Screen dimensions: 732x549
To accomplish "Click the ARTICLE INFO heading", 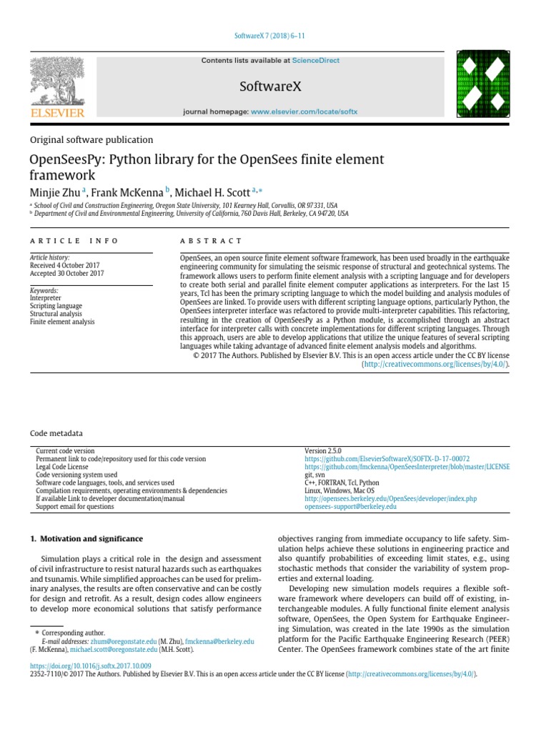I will (x=74, y=242).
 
